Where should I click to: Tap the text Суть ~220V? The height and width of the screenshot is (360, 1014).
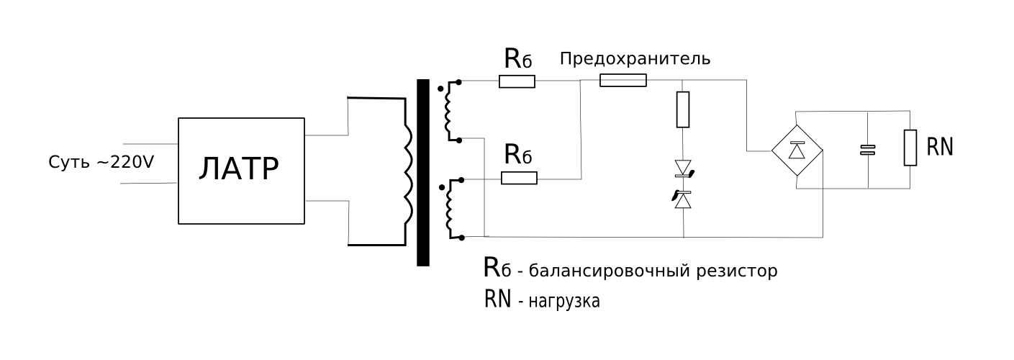101,162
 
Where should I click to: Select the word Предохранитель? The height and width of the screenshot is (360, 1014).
635,59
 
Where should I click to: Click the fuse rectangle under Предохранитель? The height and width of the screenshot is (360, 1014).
623,81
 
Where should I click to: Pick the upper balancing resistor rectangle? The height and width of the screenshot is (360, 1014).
517,81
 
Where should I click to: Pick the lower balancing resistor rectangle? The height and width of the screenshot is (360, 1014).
519,178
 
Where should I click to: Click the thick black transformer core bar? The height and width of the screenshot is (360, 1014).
423,173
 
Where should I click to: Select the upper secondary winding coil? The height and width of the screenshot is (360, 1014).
452,109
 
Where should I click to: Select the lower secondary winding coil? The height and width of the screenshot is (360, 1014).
452,209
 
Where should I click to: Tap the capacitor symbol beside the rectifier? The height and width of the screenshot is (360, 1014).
869,150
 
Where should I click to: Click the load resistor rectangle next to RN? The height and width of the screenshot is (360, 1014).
910,148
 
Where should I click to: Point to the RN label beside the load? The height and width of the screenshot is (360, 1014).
940,148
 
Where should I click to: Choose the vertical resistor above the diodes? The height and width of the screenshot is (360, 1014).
683,109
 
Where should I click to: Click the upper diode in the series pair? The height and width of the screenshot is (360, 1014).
683,169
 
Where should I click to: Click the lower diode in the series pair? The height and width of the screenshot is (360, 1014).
683,199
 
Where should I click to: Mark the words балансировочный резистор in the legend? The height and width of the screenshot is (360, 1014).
653,271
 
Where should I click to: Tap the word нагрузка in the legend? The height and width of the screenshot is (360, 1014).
564,300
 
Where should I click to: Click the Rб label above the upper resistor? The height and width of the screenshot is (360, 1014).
517,59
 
